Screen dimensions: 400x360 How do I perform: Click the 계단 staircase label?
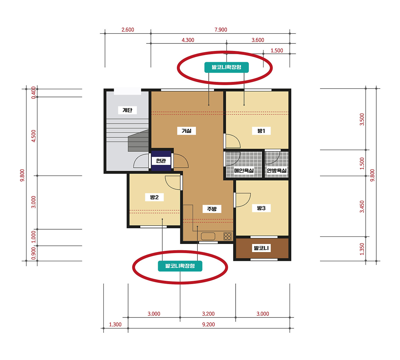coord(127,110)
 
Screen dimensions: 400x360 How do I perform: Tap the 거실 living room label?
coord(187,131)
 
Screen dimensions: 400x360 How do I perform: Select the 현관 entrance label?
coord(161,161)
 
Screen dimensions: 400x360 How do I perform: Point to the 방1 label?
coord(261,131)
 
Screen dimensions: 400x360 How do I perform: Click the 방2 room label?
coord(154,197)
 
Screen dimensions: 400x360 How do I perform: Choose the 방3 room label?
coord(261,208)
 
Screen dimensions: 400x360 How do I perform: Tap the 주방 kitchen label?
coord(212,209)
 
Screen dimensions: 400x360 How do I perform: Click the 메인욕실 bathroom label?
coord(244,170)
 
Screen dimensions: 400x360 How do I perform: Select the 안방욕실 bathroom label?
coord(277,170)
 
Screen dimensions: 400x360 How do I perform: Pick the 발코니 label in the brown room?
coord(261,248)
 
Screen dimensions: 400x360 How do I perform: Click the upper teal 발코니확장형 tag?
coord(227,67)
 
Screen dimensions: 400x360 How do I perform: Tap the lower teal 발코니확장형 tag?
coord(180,266)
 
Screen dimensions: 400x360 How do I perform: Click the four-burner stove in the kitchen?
coord(227,236)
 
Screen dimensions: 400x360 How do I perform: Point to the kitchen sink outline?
coord(208,236)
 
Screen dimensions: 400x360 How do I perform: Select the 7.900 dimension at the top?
coord(221,30)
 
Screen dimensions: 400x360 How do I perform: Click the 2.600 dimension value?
coord(128,30)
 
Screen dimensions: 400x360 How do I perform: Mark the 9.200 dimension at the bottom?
coord(208,324)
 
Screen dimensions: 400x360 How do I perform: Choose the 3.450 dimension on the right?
coord(362,207)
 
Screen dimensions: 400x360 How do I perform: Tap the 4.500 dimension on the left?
coord(34,136)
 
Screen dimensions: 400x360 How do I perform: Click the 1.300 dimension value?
coord(115,324)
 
